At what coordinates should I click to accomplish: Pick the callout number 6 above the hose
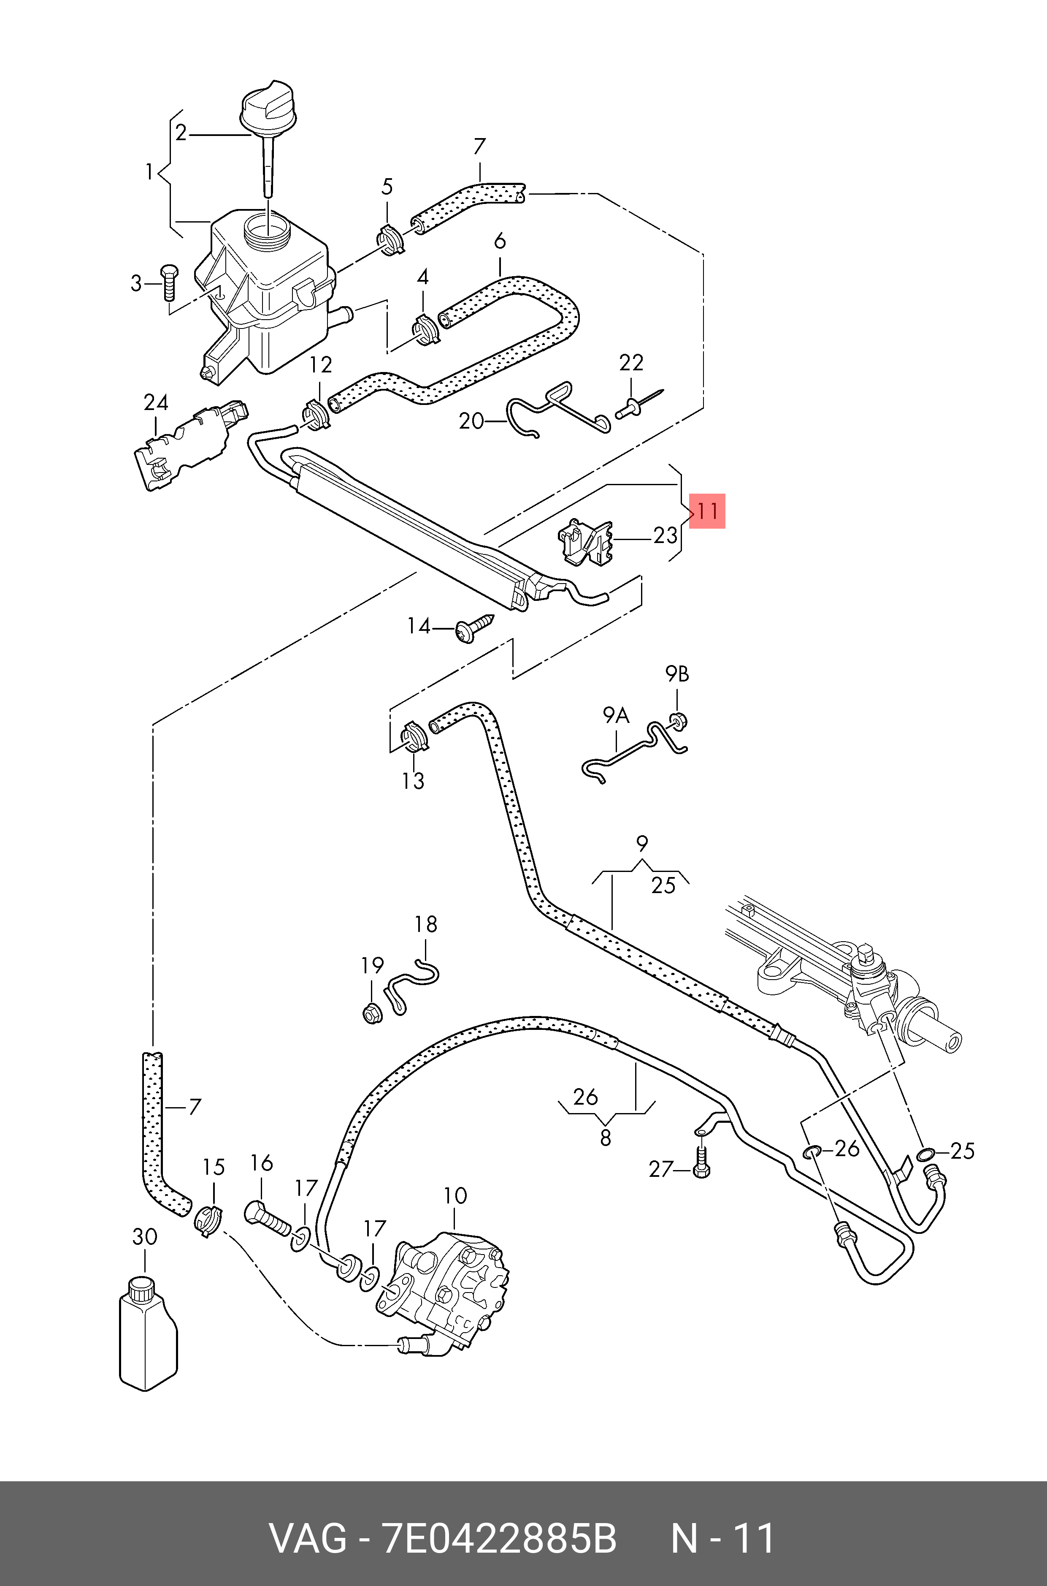coord(500,241)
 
